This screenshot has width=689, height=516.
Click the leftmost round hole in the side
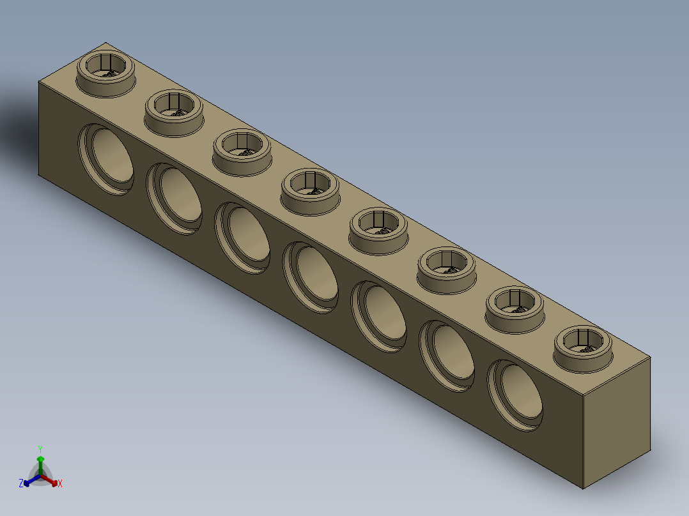pyautogui.click(x=107, y=158)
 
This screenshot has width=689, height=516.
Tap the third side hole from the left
pyautogui.click(x=244, y=238)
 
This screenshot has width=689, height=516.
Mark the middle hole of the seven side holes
pyautogui.click(x=312, y=277)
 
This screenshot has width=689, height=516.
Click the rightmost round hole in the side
pyautogui.click(x=516, y=395)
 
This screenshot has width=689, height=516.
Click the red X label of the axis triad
pyautogui.click(x=60, y=484)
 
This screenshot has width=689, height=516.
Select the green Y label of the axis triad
pyautogui.click(x=40, y=448)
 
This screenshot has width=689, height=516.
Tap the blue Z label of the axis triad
pyautogui.click(x=21, y=484)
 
